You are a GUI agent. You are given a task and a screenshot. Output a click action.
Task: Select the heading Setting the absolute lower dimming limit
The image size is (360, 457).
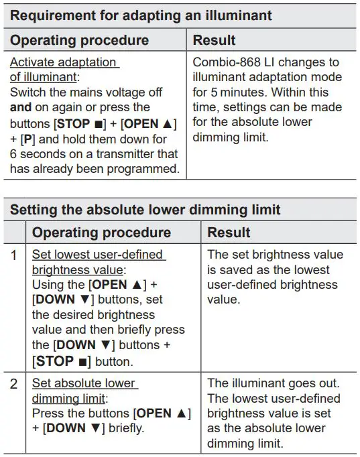point(145,209)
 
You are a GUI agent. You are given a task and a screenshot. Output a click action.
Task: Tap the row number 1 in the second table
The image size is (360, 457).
point(15,255)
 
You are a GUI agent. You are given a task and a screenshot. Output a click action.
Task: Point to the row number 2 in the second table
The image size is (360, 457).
point(15,384)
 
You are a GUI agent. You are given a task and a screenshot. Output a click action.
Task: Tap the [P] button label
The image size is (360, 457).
point(28,138)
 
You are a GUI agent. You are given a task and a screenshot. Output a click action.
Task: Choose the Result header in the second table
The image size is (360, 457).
point(229,233)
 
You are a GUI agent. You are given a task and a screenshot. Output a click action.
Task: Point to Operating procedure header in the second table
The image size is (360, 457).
point(101,233)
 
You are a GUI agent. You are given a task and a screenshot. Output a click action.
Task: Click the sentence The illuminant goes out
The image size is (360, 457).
point(273,384)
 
